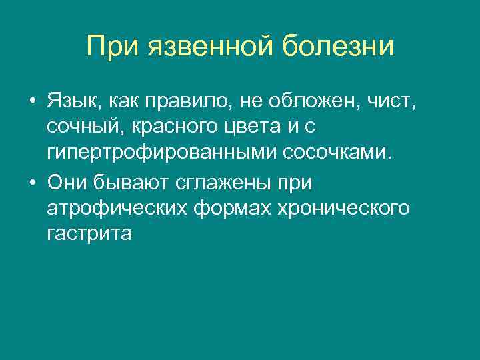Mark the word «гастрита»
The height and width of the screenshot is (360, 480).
(90, 233)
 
